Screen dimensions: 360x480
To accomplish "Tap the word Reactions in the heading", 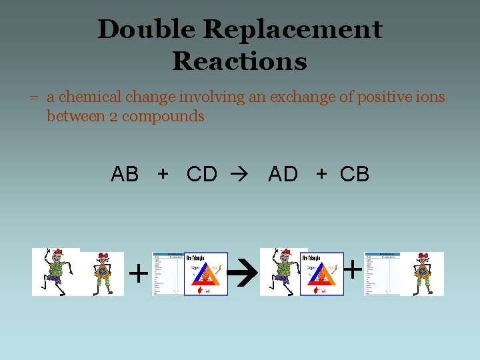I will (x=239, y=61).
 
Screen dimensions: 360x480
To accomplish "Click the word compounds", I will (x=162, y=117).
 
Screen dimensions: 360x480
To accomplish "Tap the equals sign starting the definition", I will (x=33, y=98).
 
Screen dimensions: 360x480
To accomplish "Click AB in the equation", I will (x=125, y=175).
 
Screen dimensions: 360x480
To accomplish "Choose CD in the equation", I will (x=202, y=175).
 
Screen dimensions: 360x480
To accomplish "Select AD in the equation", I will (x=283, y=175).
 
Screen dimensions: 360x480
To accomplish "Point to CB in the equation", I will (x=355, y=175).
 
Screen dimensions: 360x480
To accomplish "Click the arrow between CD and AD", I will (x=238, y=175).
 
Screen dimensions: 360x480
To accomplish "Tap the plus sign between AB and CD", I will (x=163, y=174).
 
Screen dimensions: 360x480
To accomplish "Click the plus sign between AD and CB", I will (x=322, y=174).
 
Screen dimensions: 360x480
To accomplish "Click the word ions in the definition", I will (x=431, y=97).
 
